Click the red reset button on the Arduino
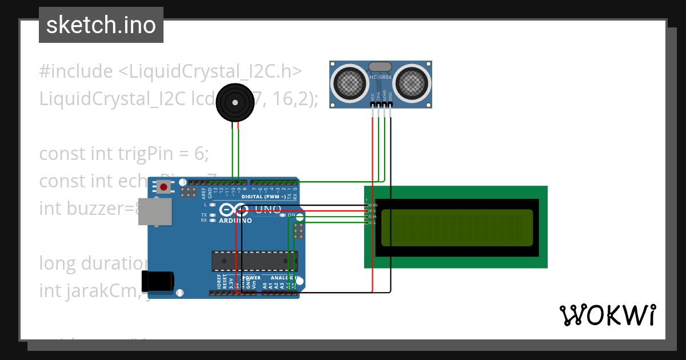pos(164,187)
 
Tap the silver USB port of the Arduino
pos(155,212)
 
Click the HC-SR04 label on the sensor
pos(380,77)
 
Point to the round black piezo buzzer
pos(234,102)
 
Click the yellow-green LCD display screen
pos(457,227)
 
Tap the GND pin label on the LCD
pos(373,205)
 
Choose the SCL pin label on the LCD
pos(373,222)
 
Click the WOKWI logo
pos(607,315)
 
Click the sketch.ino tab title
pos(101,25)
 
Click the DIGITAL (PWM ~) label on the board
pos(264,197)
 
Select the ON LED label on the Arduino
pos(291,215)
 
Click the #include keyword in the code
pos(76,71)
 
